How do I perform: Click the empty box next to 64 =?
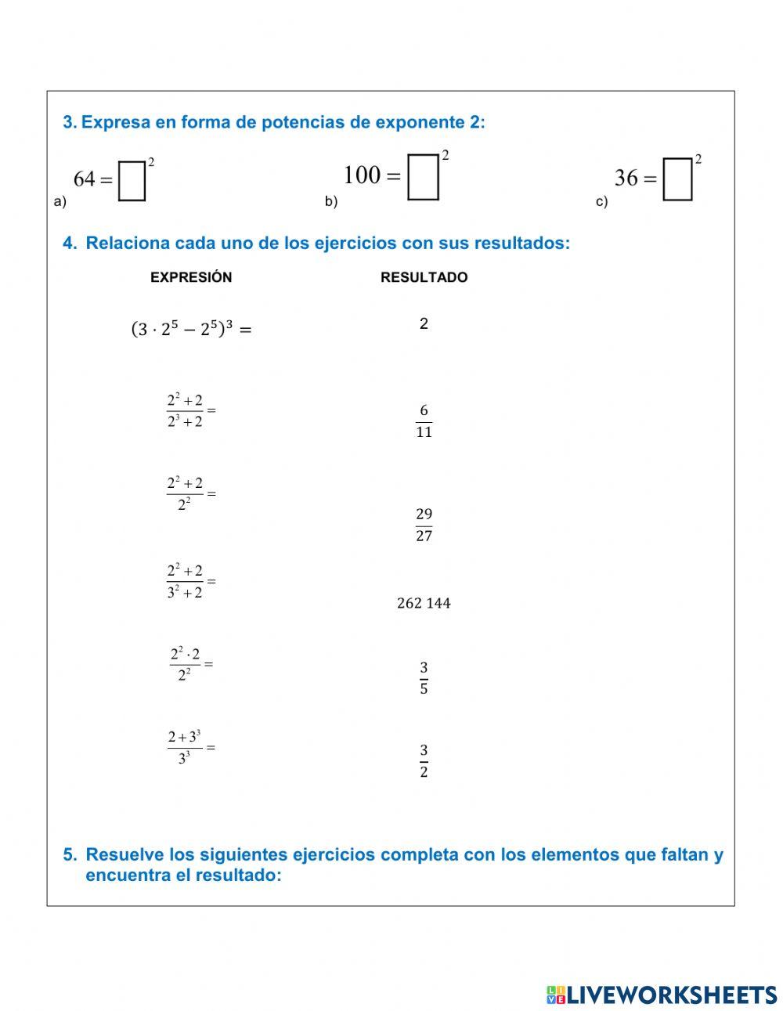pos(132,181)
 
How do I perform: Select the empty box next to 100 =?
pos(423,177)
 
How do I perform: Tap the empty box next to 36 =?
pos(677,179)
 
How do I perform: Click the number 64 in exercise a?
pos(84,179)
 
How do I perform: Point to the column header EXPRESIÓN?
pos(191,277)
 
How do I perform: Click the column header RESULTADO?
pos(424,277)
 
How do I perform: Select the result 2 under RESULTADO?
pos(424,323)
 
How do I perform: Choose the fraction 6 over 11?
pos(424,421)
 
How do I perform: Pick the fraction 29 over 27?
pos(424,525)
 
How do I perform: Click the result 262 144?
pos(424,603)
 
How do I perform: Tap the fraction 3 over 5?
pos(424,678)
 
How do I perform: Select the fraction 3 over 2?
pos(424,761)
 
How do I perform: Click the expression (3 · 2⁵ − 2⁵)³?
pos(190,329)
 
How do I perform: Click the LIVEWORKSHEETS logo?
pos(662,995)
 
